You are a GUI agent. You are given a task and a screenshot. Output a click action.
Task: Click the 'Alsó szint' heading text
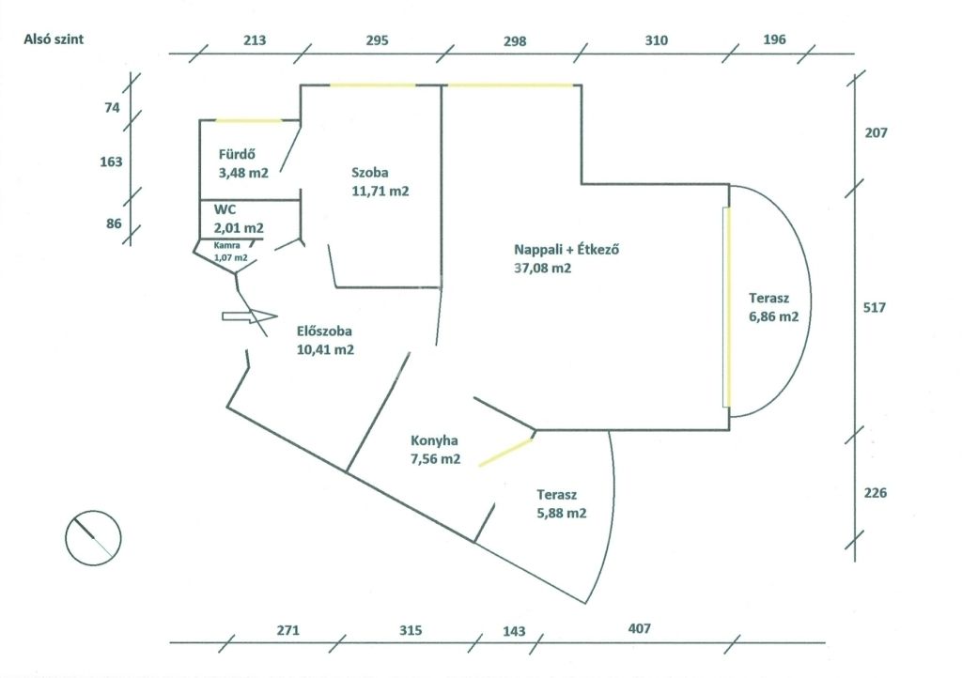pyautogui.click(x=54, y=39)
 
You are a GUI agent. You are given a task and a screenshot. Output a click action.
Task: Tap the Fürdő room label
pyautogui.click(x=237, y=155)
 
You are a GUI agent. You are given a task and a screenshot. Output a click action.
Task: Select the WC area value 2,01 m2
pyautogui.click(x=239, y=228)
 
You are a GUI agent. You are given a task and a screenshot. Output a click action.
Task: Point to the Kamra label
pyautogui.click(x=226, y=245)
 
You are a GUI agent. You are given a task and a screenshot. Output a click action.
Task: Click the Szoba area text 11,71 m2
pyautogui.click(x=380, y=191)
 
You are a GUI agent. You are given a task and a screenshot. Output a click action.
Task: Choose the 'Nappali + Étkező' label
pyautogui.click(x=566, y=250)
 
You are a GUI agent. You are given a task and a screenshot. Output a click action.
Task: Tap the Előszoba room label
pyautogui.click(x=324, y=331)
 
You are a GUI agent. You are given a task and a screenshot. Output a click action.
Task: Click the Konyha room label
pyautogui.click(x=434, y=440)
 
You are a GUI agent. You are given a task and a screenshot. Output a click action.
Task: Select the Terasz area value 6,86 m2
pyautogui.click(x=774, y=316)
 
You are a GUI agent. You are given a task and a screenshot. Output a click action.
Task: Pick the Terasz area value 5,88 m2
pyautogui.click(x=562, y=513)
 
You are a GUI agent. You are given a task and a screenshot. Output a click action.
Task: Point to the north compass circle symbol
pyautogui.click(x=93, y=538)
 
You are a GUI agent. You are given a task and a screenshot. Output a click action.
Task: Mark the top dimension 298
pyautogui.click(x=515, y=41)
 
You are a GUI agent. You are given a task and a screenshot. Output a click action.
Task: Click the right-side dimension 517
pyautogui.click(x=875, y=307)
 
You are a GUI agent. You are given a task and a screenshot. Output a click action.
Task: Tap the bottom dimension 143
pyautogui.click(x=514, y=631)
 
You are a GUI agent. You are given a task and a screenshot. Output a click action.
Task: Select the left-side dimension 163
pyautogui.click(x=111, y=162)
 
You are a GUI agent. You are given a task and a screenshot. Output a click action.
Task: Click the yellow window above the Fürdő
pyautogui.click(x=248, y=120)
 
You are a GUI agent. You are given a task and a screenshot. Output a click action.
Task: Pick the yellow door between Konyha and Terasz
pyautogui.click(x=505, y=453)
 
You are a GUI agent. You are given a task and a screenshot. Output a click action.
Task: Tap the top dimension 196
pyautogui.click(x=774, y=39)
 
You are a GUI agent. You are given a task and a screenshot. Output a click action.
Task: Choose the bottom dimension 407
pyautogui.click(x=639, y=628)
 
